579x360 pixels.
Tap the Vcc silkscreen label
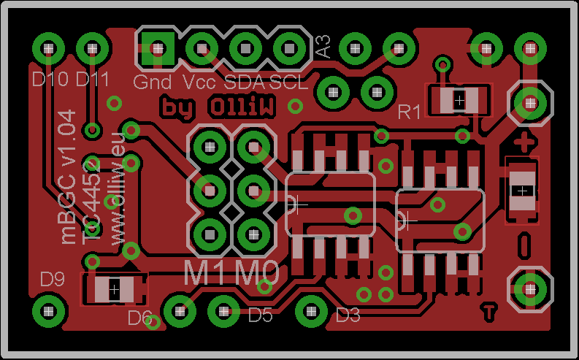point(199,82)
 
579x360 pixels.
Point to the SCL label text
point(288,82)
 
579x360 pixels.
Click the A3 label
point(323,47)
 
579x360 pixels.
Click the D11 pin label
point(93,77)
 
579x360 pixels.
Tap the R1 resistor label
point(410,112)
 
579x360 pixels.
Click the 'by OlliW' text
point(218,107)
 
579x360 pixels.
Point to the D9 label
point(53,278)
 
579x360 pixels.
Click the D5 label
point(260,315)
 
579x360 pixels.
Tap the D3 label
point(348,315)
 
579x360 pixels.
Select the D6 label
point(139,318)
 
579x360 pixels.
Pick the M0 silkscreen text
point(259,273)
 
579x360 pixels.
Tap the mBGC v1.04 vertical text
point(68,176)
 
